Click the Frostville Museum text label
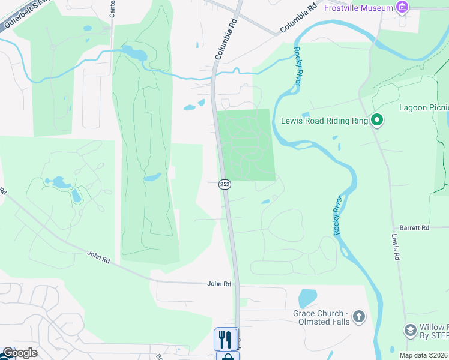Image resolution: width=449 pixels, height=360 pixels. (358, 8)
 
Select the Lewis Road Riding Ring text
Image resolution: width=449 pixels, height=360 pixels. (324, 121)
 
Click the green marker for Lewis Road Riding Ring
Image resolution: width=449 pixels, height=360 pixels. (377, 121)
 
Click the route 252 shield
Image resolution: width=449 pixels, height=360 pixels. (224, 185)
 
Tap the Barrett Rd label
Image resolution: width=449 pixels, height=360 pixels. (415, 228)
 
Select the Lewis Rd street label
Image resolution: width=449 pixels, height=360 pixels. (396, 247)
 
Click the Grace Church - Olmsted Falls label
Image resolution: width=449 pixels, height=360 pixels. (321, 317)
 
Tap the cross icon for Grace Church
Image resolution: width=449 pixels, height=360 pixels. (358, 317)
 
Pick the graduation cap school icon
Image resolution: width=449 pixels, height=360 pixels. (411, 331)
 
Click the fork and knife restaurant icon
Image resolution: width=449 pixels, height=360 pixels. (226, 339)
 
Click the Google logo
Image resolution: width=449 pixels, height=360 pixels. (20, 353)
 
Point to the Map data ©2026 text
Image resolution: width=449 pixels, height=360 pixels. (423, 355)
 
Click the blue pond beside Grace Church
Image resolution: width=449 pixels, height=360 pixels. (307, 298)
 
